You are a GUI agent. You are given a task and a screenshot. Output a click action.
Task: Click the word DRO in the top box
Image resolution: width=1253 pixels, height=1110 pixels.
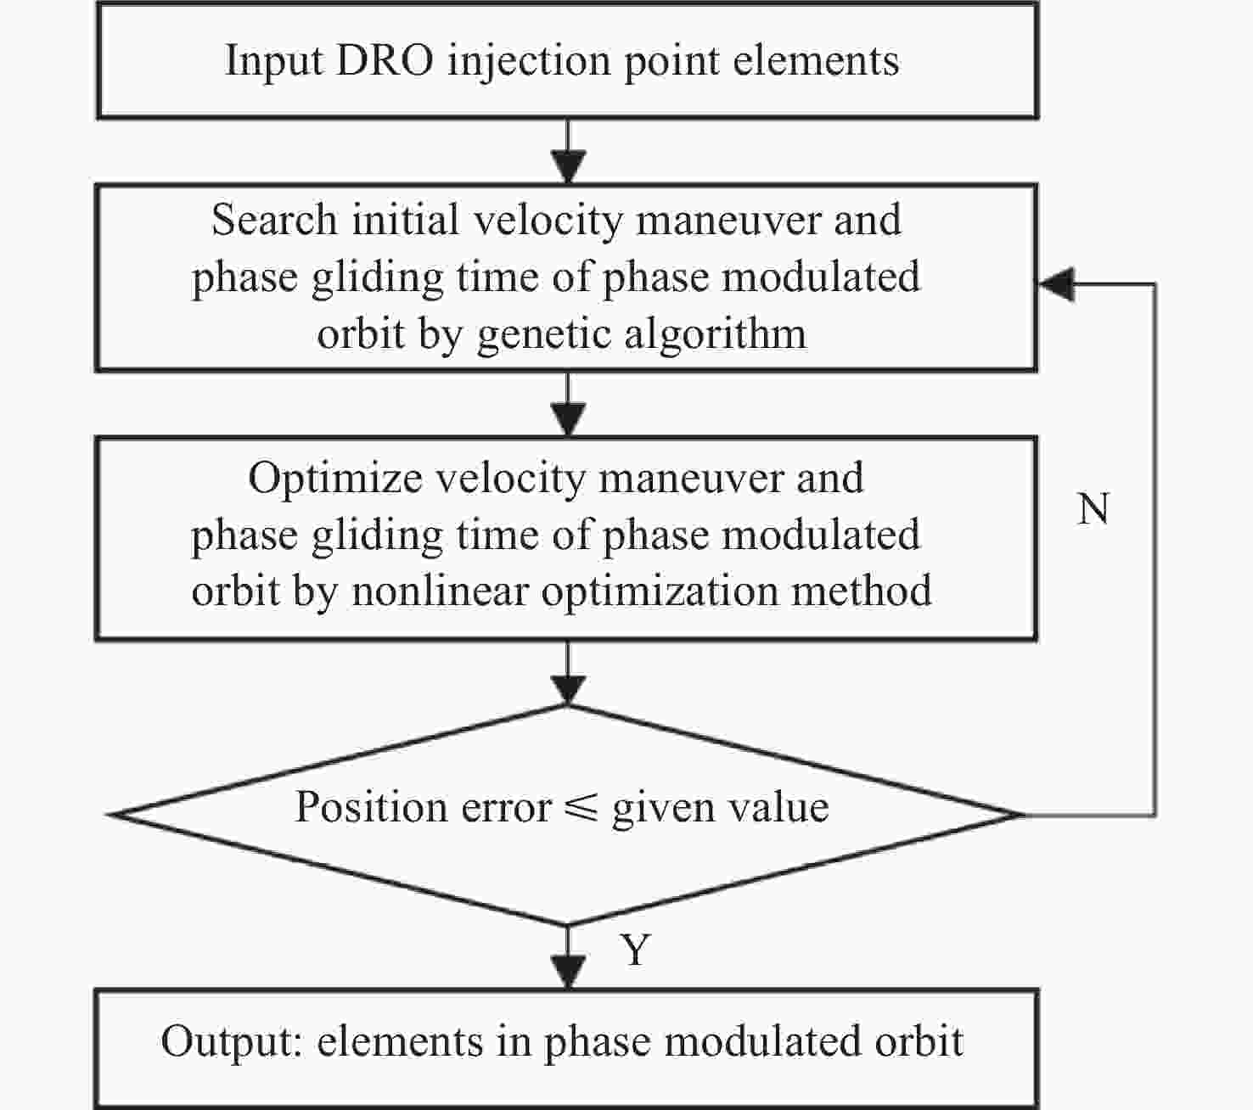tap(384, 60)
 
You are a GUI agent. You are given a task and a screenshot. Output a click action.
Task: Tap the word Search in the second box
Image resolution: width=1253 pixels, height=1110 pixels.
tap(274, 220)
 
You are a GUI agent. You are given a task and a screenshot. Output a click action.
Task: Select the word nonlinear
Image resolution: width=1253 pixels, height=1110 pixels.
tap(440, 591)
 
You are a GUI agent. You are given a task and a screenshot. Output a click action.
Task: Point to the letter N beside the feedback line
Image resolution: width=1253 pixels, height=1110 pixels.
tap(1093, 509)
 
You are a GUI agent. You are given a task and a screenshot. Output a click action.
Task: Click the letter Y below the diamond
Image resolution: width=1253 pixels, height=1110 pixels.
tap(636, 950)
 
